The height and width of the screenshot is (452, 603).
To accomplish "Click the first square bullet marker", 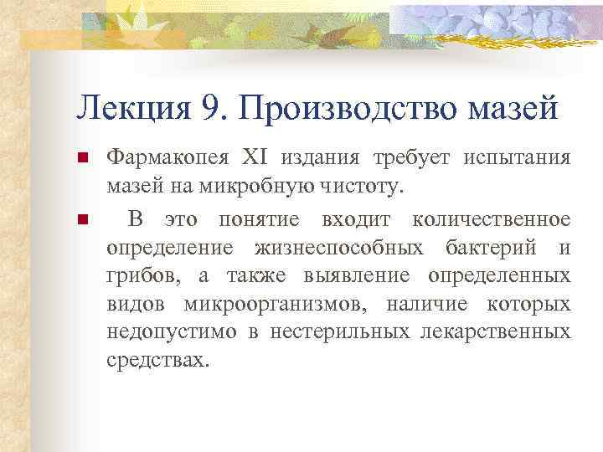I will [x=82, y=159].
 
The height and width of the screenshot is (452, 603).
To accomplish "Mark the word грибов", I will [x=136, y=276].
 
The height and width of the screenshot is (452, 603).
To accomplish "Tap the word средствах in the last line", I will [x=155, y=362].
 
